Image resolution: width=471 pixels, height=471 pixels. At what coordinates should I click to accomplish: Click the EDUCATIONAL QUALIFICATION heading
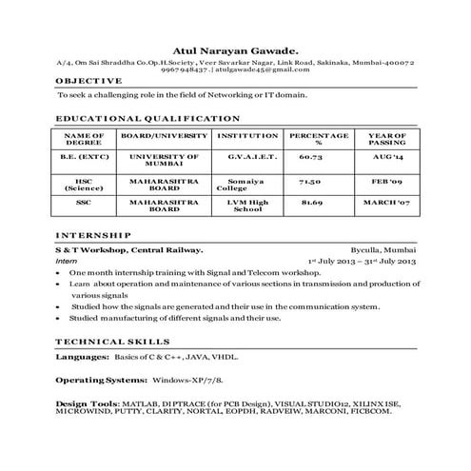[x=147, y=119]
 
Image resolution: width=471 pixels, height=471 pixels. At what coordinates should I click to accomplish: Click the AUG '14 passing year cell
[x=388, y=155]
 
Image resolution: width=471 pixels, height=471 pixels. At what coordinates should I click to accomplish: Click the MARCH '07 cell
[x=387, y=203]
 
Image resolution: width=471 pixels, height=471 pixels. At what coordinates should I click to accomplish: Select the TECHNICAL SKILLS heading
[x=113, y=340]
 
